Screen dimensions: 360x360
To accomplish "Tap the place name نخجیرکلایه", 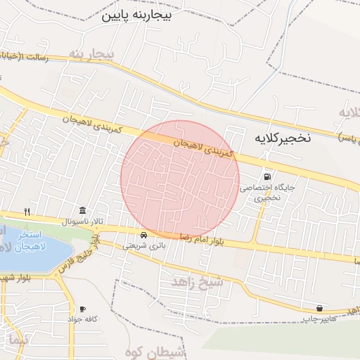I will pos(278,139).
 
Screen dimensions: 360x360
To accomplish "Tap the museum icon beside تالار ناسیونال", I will pos(83,211).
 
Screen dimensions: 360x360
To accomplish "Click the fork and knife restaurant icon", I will pos(27,211).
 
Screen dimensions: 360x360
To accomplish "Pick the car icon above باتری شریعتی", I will pos(143,235).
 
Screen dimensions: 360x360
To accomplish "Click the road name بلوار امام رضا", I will pos(200,240).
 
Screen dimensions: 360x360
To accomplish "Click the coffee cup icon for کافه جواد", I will pos(82,309).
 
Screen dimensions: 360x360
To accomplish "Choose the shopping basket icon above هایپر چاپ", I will pos(320,308).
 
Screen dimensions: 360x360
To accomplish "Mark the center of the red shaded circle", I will pos(181,179).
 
